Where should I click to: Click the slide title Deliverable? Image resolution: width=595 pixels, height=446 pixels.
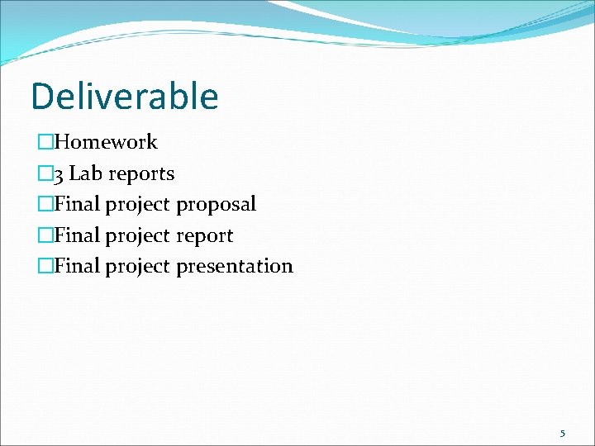click(x=125, y=96)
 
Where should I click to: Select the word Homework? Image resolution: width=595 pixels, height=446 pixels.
click(x=106, y=142)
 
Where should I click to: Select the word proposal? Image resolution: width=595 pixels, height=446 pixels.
click(x=216, y=205)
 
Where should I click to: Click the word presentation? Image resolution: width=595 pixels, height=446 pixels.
click(x=235, y=267)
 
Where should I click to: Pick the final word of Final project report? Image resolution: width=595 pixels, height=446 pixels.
click(x=204, y=236)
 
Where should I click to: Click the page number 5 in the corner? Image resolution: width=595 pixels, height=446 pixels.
click(x=563, y=433)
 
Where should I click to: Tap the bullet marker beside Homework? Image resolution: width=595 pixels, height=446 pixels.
click(x=45, y=143)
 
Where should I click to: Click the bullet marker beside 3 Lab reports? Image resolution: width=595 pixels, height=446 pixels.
click(x=45, y=174)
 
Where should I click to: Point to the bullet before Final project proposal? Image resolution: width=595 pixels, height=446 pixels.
click(x=45, y=205)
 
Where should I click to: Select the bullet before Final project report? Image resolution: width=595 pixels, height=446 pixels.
click(x=45, y=236)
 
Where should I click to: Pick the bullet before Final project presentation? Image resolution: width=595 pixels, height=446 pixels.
click(x=45, y=267)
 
